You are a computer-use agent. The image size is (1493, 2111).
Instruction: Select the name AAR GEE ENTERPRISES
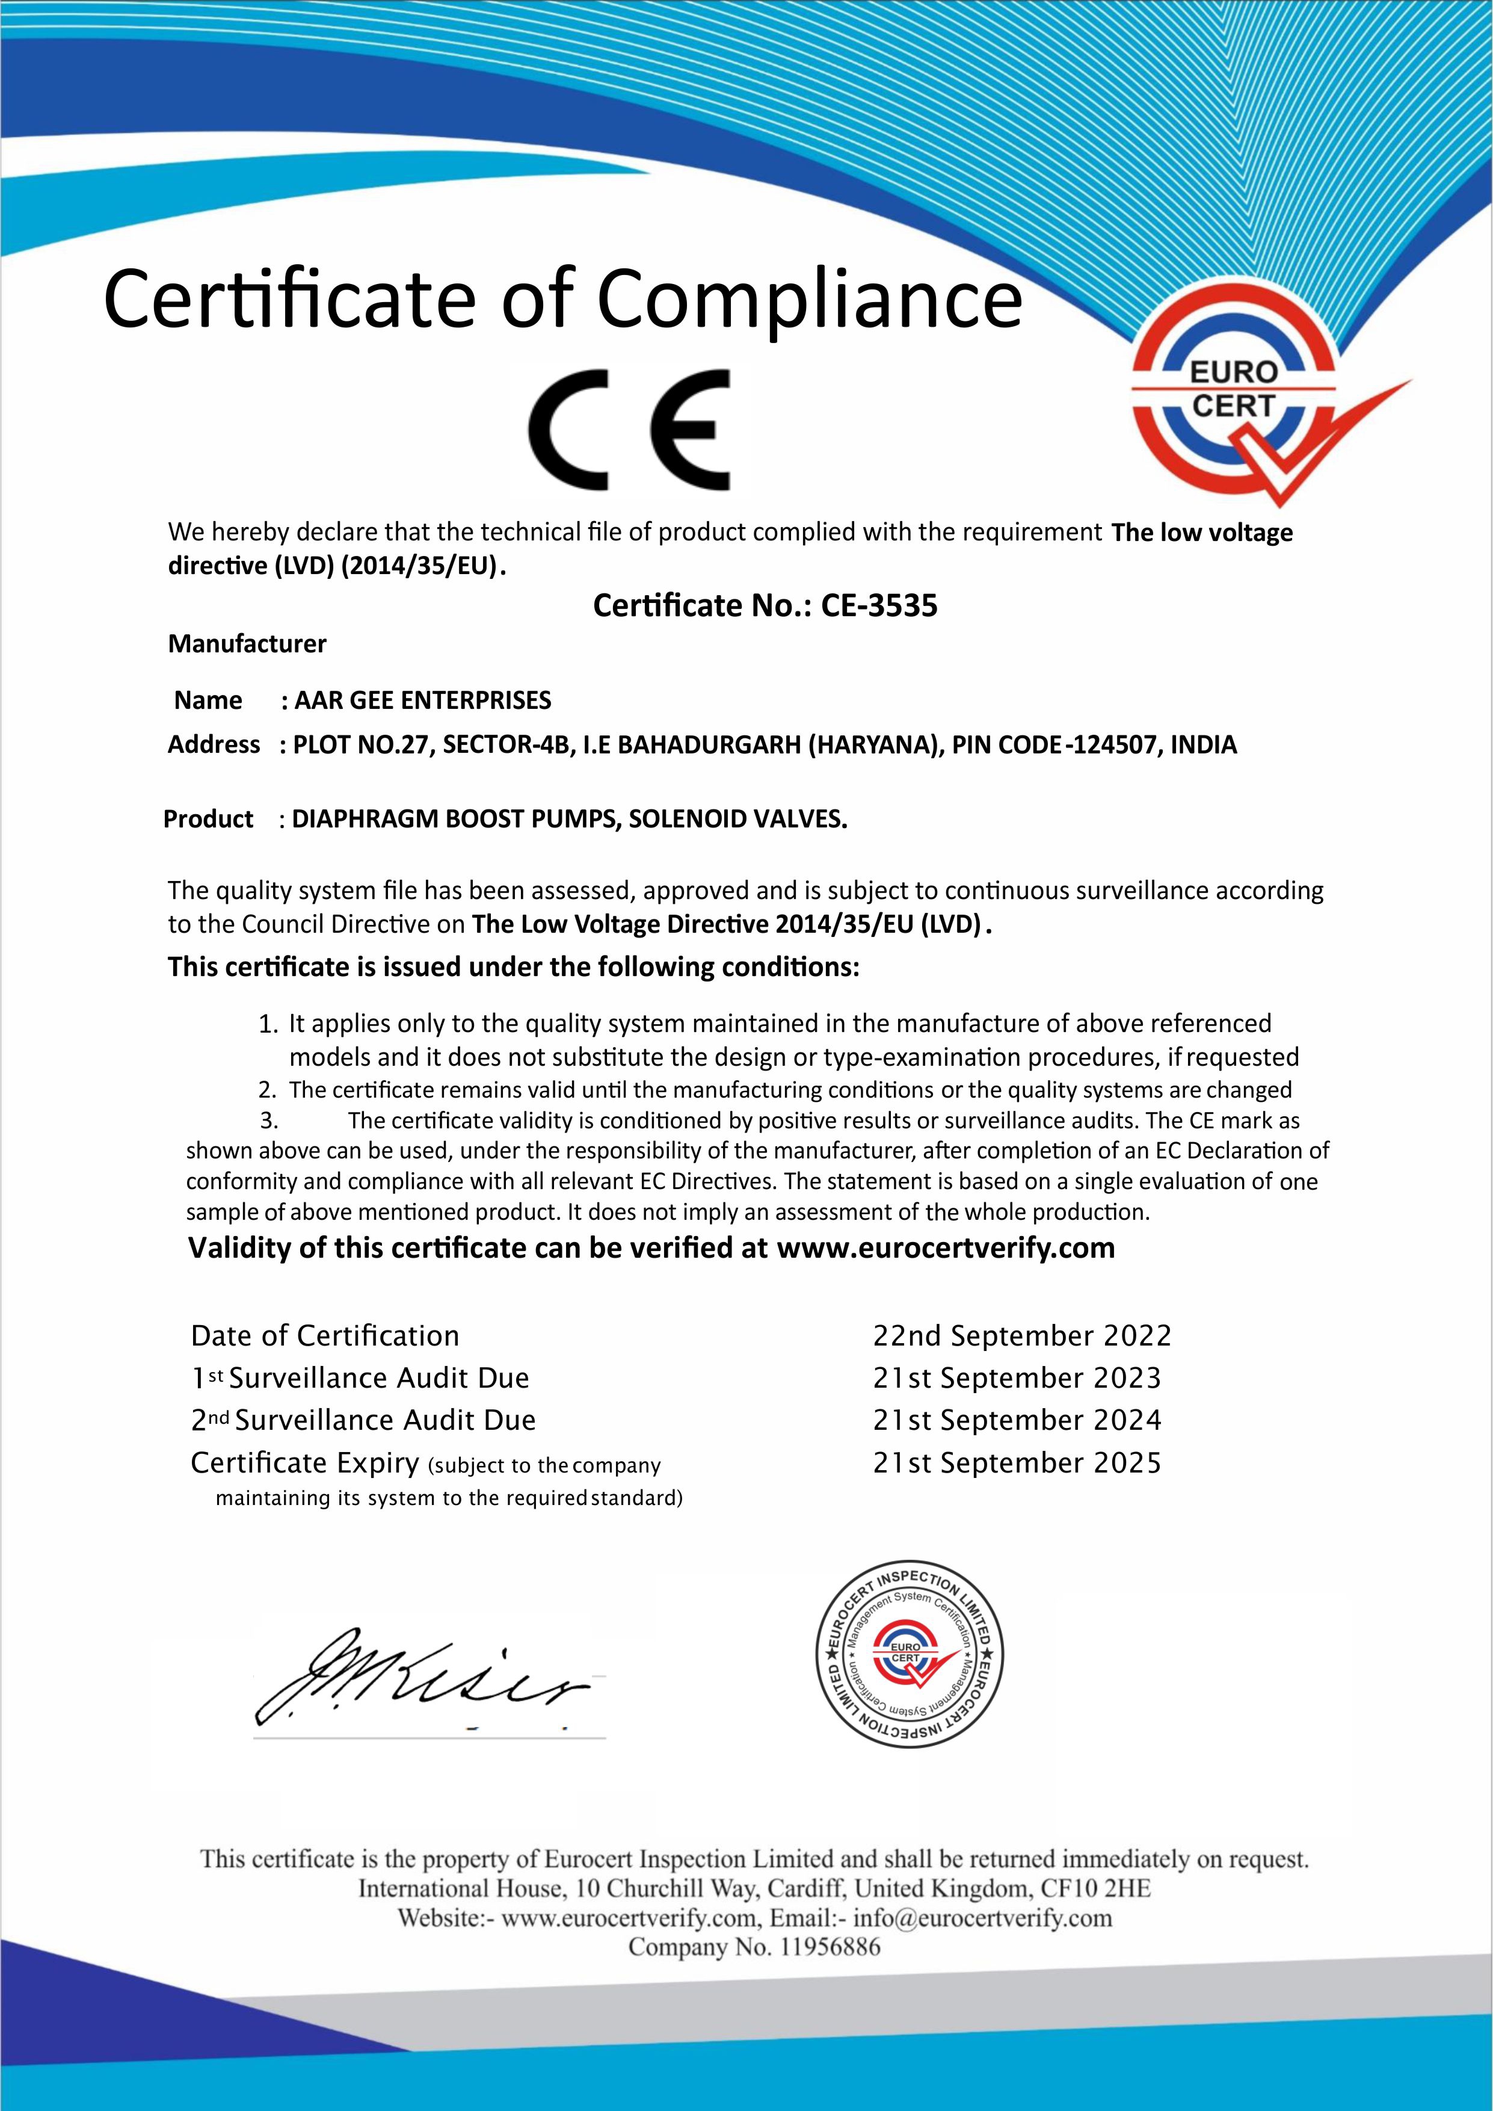coord(423,700)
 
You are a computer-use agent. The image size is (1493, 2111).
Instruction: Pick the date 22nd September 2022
coord(1022,1336)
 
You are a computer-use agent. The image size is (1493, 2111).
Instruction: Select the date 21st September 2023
coord(1017,1378)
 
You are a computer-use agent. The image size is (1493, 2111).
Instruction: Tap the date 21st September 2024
coord(1017,1421)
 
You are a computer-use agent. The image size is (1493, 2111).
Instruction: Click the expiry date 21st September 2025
coord(1017,1463)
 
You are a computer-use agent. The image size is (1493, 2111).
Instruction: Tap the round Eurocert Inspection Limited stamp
coord(910,1667)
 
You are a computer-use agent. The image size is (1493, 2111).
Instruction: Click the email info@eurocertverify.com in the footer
coord(983,1918)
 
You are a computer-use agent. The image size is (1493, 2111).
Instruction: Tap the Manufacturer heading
coord(247,644)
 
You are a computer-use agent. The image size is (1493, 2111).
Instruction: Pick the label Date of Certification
coord(324,1336)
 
